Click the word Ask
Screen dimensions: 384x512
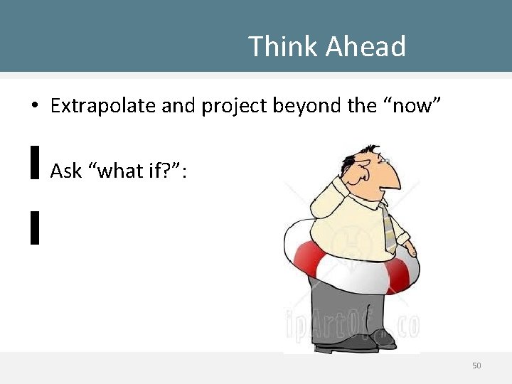click(x=66, y=171)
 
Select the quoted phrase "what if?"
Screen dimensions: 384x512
click(x=136, y=171)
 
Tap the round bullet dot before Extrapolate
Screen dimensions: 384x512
click(x=33, y=107)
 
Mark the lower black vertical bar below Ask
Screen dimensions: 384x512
click(x=34, y=228)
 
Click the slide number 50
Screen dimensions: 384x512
click(x=476, y=366)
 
